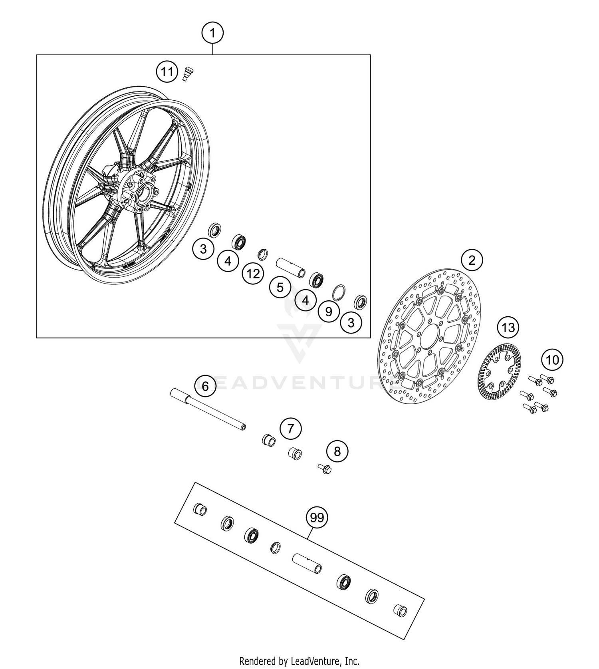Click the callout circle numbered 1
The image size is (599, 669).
tap(212, 33)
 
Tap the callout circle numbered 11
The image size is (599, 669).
tap(167, 72)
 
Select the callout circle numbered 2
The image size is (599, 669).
tap(472, 260)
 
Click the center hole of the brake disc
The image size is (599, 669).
tap(428, 336)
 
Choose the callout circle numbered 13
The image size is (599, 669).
tap(508, 328)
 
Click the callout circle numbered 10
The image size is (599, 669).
tap(552, 360)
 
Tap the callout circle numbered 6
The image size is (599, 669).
tap(205, 386)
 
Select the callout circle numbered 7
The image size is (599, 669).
tap(290, 429)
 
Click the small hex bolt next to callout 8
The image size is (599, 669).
tap(325, 468)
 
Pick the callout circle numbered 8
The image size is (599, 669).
tap(337, 451)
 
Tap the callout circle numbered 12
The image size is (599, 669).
tap(253, 274)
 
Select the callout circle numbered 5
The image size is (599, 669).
tap(280, 287)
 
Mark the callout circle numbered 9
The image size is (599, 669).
tap(329, 311)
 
